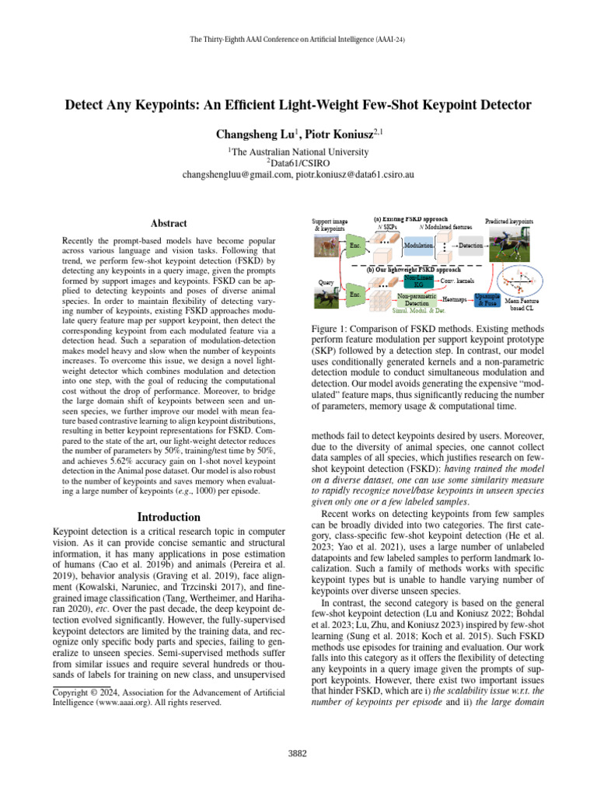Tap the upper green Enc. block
pyautogui.click(x=354, y=245)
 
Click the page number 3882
pyautogui.click(x=298, y=753)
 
